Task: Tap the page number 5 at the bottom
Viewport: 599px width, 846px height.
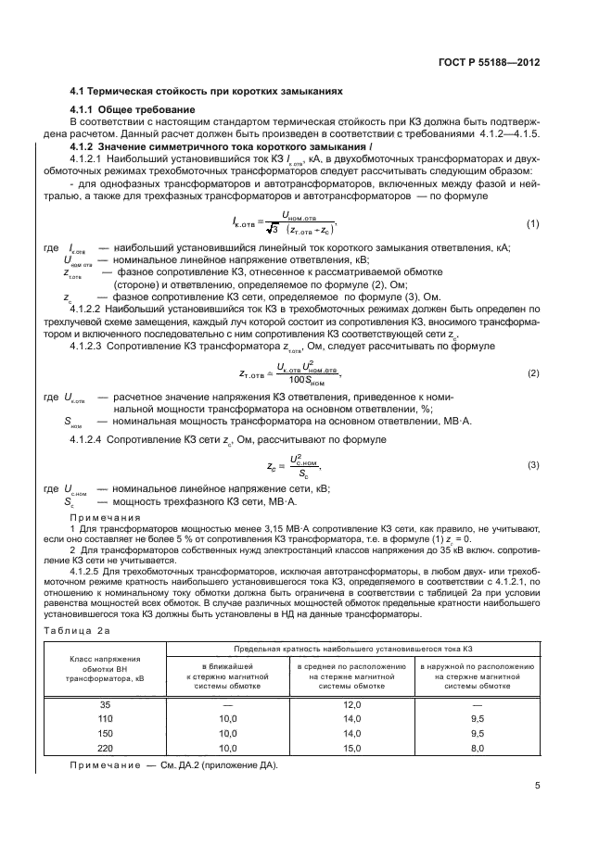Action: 538,787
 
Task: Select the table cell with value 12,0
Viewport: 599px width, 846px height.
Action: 352,704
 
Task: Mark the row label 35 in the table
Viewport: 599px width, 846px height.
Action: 105,704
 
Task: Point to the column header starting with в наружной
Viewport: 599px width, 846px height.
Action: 477,676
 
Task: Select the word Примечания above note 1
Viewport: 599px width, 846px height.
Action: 105,517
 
